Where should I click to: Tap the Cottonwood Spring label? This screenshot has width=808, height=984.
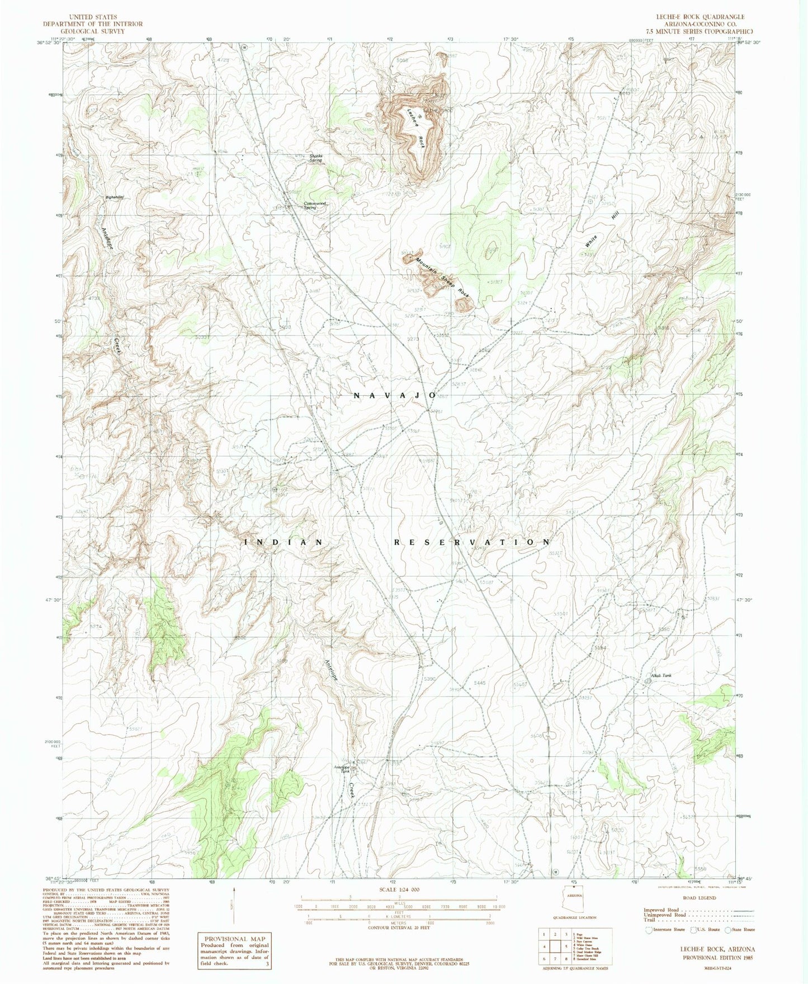tap(314, 205)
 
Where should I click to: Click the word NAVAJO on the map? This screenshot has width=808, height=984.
tap(395, 395)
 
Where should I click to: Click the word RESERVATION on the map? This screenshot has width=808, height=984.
tap(472, 542)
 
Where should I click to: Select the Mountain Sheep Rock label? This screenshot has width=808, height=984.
tap(442, 277)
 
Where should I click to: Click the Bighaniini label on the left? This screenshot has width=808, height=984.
tap(114, 197)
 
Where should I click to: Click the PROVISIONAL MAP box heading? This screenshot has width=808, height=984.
tap(229, 939)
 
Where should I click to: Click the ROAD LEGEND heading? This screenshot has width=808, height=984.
tap(699, 898)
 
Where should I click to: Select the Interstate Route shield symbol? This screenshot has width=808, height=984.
tap(648, 930)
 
